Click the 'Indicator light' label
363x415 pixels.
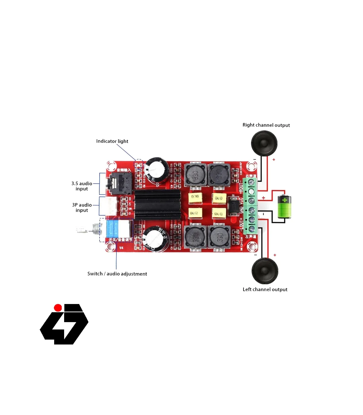coord(112,141)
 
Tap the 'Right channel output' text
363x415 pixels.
coord(266,125)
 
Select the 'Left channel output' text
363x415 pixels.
coord(265,289)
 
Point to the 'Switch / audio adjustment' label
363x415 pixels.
coord(117,274)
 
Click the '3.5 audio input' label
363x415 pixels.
coord(82,186)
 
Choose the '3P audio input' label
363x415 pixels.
coord(82,207)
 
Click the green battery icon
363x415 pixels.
coord(284,207)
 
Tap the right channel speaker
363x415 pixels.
coord(264,143)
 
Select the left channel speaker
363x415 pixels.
coord(265,271)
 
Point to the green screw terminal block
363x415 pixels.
coord(251,206)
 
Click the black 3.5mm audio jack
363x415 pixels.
coord(120,183)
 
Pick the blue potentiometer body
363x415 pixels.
coord(113,229)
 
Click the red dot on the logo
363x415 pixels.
coord(58,308)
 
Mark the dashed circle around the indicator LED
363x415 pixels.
coord(139,164)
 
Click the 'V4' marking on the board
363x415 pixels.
coord(121,248)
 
